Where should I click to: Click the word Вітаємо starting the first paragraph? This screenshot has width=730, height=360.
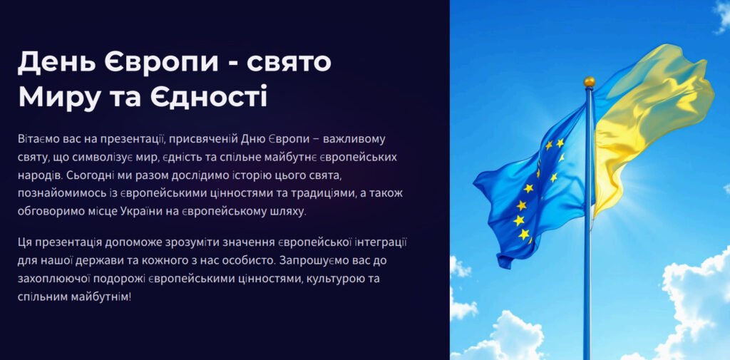(x=40, y=138)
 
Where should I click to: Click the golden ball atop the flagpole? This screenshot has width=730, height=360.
(x=589, y=81)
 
